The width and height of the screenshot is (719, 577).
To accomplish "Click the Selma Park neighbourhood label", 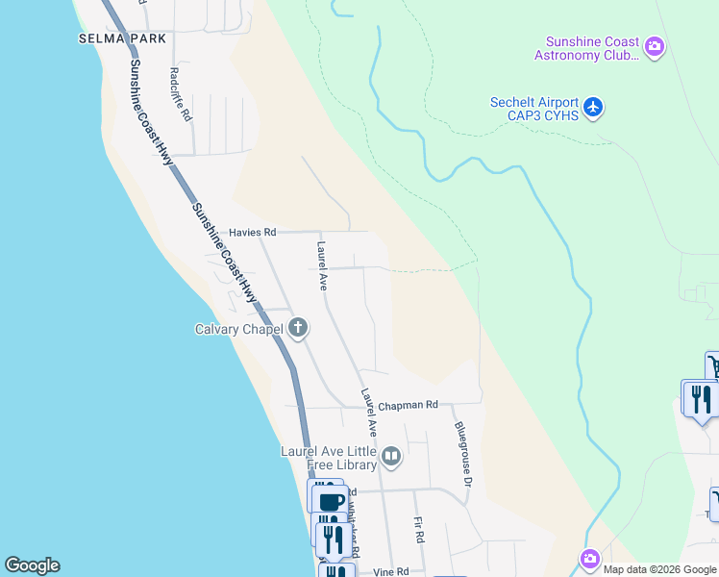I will (x=123, y=38).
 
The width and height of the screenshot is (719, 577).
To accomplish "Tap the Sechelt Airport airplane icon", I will (x=594, y=106).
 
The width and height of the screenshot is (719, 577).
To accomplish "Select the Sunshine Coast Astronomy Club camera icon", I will (x=655, y=46).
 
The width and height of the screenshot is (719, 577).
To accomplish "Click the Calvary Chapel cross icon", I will (x=298, y=329).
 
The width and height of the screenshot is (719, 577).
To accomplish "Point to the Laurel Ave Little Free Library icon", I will (x=391, y=457).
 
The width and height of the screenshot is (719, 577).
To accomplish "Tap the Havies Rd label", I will (x=253, y=233).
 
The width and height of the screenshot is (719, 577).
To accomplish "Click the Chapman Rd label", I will (x=408, y=405).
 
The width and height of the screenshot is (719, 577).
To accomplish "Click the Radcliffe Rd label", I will (x=180, y=92).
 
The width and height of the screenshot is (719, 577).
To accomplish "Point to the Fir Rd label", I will (x=419, y=531).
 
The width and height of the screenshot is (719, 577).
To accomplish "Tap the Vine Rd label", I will (x=390, y=571).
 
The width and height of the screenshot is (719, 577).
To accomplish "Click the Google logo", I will (x=32, y=565).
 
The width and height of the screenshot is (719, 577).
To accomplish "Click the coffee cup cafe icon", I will (x=330, y=501).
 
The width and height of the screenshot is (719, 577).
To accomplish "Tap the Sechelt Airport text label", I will (x=534, y=104).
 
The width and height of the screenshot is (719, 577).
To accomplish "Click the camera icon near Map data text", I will (x=589, y=559).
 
